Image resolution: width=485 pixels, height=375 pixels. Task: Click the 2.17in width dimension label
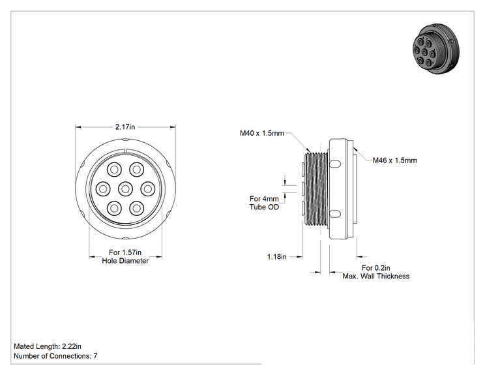pos(125,127)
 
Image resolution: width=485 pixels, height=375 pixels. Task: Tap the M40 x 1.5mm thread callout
pos(261,133)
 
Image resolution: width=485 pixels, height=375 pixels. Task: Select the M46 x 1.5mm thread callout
pos(394,160)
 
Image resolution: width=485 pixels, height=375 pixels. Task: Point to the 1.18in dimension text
pos(277,256)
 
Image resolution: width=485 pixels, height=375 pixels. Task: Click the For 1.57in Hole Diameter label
pos(125,256)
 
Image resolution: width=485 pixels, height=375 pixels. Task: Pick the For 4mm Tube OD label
pos(264,203)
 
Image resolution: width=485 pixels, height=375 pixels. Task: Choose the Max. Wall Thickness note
pos(376,276)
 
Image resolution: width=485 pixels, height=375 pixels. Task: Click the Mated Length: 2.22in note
pos(48,346)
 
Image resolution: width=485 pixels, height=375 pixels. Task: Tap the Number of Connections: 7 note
pos(55,356)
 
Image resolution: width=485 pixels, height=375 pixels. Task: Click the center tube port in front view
pos(125,188)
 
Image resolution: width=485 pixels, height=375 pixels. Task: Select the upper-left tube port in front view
pos(114,170)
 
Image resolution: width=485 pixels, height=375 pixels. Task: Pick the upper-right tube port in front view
pos(136,170)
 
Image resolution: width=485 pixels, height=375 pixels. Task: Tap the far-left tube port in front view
pos(103,188)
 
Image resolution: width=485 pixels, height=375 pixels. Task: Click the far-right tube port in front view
pos(147,188)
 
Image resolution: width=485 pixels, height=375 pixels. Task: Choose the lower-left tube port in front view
pos(114,208)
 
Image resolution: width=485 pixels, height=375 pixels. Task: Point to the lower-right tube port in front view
pos(136,208)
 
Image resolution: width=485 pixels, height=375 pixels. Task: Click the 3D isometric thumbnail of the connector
pos(436,48)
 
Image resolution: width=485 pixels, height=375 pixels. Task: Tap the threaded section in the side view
pos(316,188)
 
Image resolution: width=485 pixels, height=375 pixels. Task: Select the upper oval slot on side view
pos(335,164)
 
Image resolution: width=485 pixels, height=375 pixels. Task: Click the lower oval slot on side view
pos(335,213)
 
